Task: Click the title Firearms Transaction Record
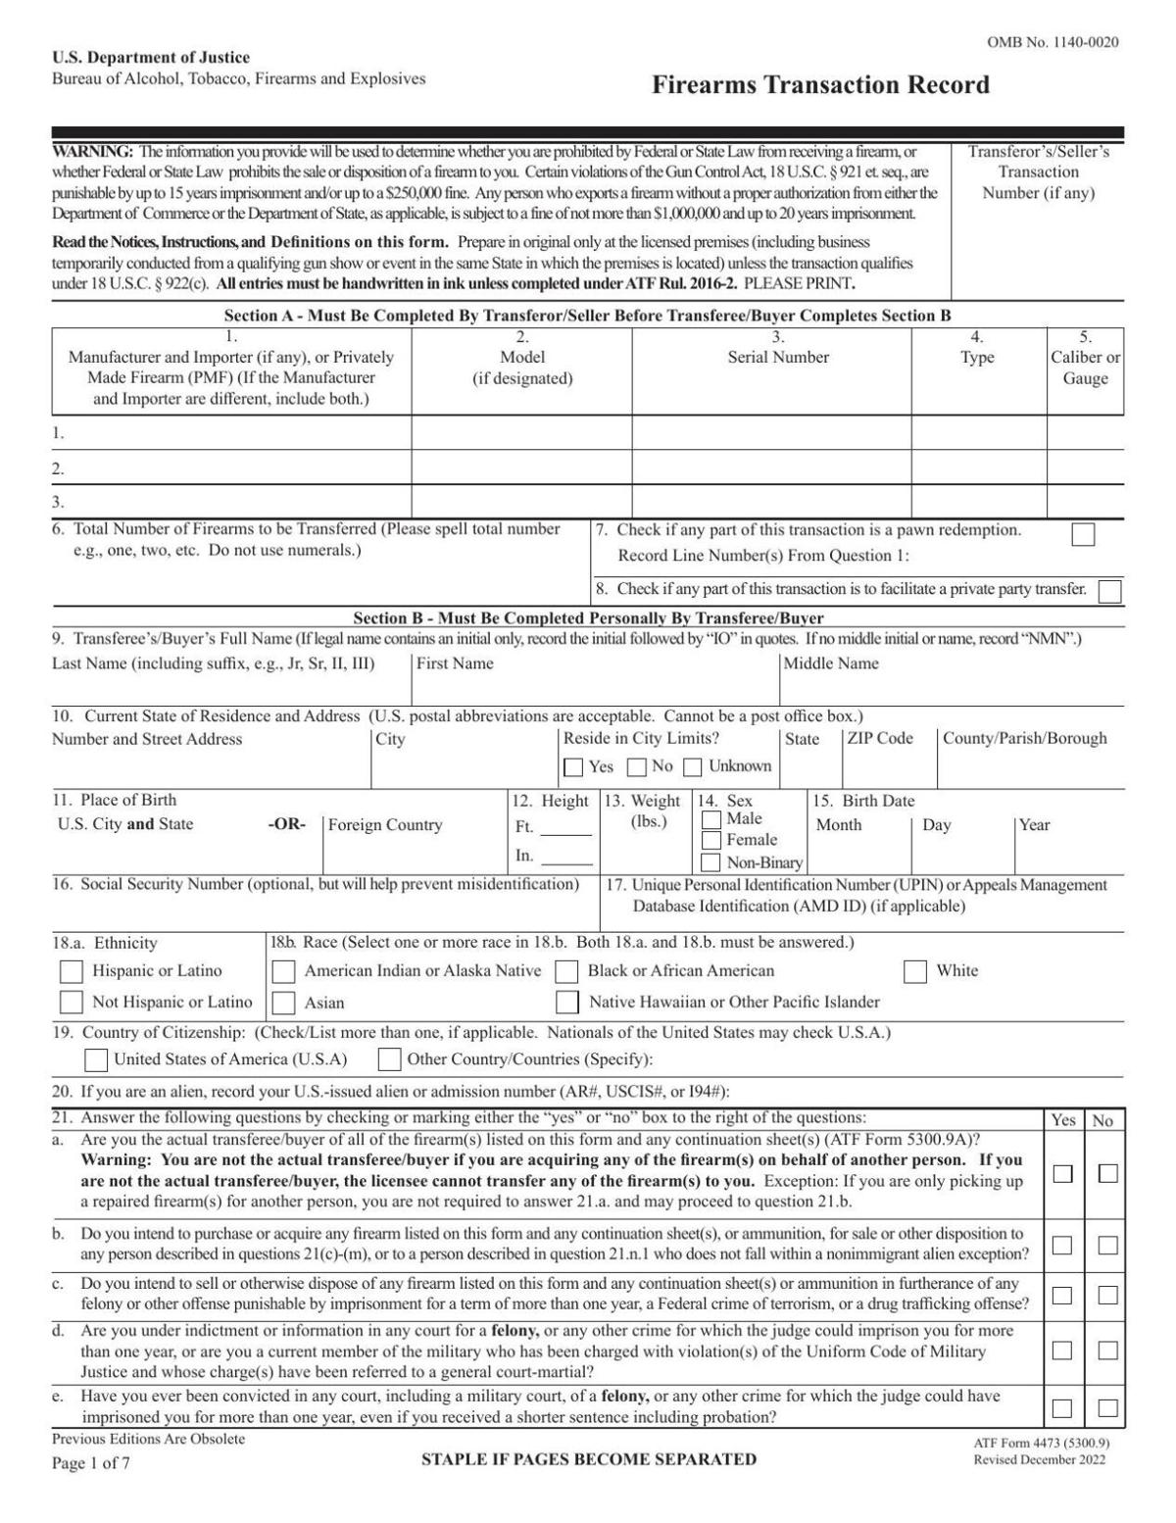(x=820, y=85)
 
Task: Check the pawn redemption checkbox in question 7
(x=1083, y=535)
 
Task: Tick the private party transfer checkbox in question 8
(x=1109, y=591)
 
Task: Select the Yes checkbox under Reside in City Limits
(x=573, y=767)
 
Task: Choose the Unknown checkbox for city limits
(x=693, y=767)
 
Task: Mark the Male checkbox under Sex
(x=711, y=819)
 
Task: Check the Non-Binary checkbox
(x=711, y=863)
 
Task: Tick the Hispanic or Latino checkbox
(x=72, y=971)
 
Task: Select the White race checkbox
(x=915, y=971)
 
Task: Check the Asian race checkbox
(x=284, y=1003)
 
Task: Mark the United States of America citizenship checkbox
(x=96, y=1059)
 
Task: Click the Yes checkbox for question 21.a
(x=1062, y=1173)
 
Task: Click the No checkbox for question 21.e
(x=1107, y=1408)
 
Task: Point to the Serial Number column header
(x=778, y=358)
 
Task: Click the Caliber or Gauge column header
(x=1085, y=368)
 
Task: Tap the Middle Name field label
(x=831, y=663)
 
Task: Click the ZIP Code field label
(x=879, y=739)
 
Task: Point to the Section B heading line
(x=588, y=618)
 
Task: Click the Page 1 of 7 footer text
(x=91, y=1463)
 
